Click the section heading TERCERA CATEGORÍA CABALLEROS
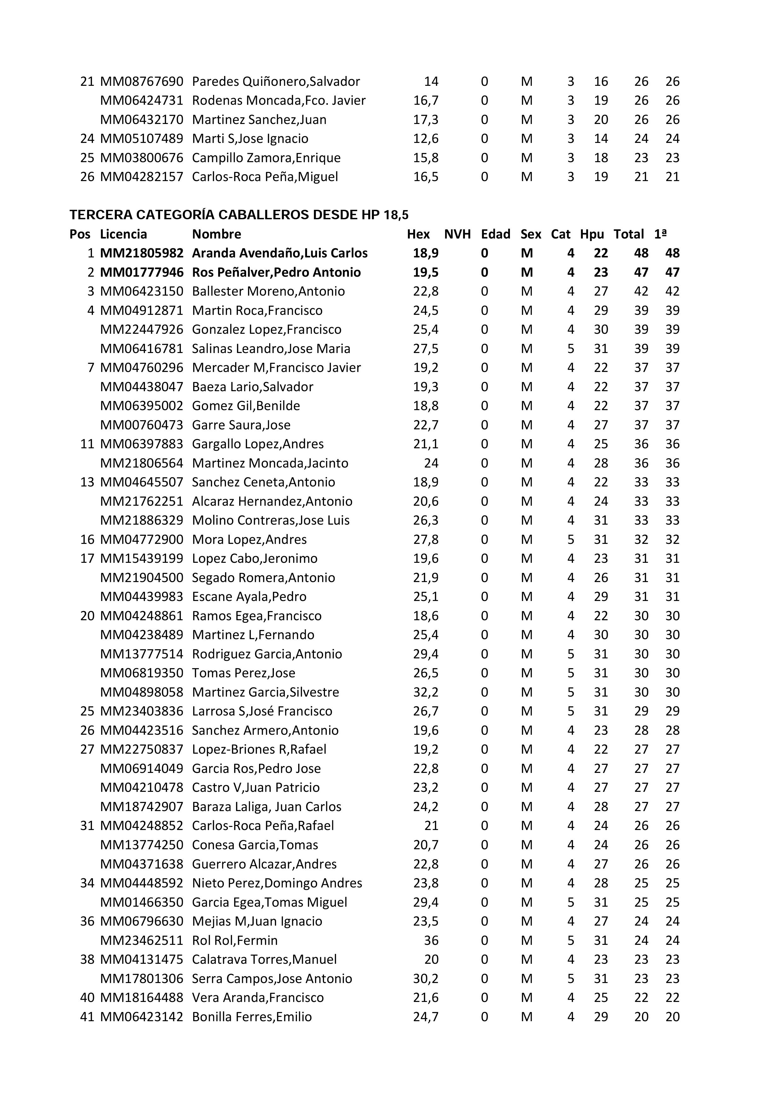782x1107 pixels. point(239,215)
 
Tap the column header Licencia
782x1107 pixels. point(123,234)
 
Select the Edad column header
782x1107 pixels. point(495,234)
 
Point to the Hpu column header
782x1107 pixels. point(592,234)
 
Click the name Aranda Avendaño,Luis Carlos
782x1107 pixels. point(280,253)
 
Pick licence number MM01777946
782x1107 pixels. point(142,272)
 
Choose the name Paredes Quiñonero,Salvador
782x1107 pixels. point(275,81)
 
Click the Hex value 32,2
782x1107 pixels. point(426,692)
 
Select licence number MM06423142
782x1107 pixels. point(142,1017)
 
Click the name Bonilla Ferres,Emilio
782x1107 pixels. point(252,1017)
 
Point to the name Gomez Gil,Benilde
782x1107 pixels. point(246,406)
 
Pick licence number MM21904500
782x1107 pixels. point(142,578)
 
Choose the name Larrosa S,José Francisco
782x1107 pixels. point(262,711)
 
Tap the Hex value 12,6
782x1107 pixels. point(426,139)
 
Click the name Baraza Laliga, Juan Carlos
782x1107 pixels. point(266,807)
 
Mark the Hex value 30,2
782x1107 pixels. point(426,979)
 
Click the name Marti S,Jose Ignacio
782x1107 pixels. point(250,139)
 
